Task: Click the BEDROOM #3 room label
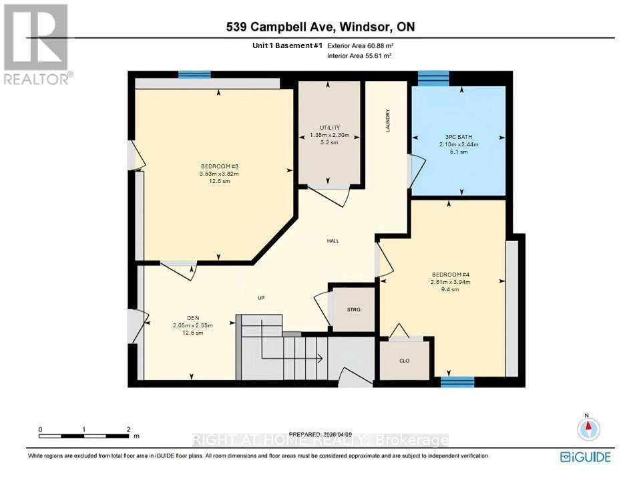[x=220, y=166]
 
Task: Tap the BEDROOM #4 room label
[x=446, y=273]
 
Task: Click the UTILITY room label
[x=329, y=128]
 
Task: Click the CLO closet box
[x=404, y=361]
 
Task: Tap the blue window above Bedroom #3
[x=194, y=74]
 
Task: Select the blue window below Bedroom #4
[x=457, y=381]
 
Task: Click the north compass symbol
[x=588, y=428]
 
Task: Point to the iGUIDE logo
[x=584, y=456]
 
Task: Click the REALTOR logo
[x=37, y=44]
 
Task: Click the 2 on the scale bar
[x=128, y=430]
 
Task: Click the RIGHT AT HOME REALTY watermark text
[x=320, y=440]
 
